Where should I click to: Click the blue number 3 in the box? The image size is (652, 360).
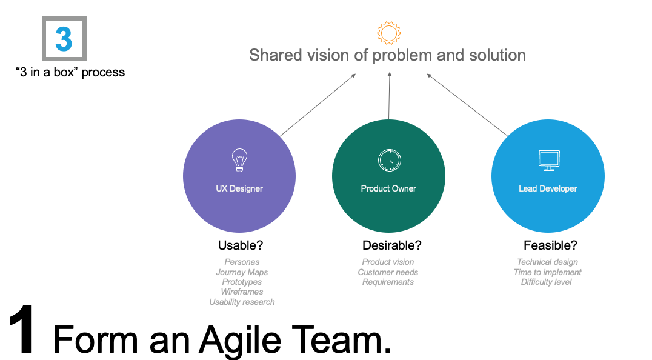click(64, 39)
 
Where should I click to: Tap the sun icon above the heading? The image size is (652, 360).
click(388, 33)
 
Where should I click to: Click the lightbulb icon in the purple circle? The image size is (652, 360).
click(239, 161)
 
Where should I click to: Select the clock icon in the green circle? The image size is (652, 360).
click(389, 160)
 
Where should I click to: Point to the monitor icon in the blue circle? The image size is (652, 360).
click(548, 161)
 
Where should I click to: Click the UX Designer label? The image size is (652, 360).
click(239, 188)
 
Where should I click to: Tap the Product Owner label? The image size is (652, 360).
click(388, 188)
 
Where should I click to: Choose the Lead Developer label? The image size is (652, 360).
click(548, 188)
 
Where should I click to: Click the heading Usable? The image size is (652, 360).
click(241, 245)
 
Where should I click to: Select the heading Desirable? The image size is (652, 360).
click(391, 245)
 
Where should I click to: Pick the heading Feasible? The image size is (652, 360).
click(550, 245)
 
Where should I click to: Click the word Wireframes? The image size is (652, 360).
click(242, 292)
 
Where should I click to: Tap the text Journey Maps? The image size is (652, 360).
click(242, 272)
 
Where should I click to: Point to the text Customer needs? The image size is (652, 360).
click(388, 272)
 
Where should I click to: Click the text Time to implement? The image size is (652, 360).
click(547, 272)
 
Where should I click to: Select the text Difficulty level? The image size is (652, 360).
click(546, 282)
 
